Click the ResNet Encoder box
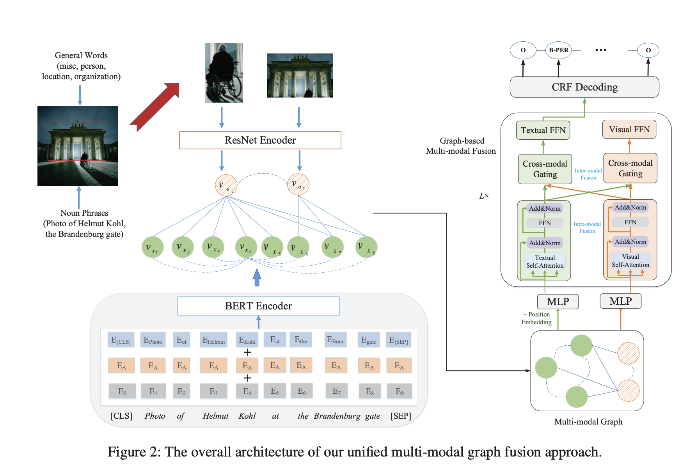pos(260,140)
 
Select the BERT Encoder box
pos(258,306)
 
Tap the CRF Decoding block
pos(584,87)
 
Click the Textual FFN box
pos(543,130)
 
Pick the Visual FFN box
pos(629,130)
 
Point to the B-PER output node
pos(558,50)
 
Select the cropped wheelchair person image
pos(224,73)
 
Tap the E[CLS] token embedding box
pos(121,340)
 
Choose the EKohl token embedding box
pos(247,340)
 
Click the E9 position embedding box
pos(399,391)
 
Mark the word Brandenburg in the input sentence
pos(337,416)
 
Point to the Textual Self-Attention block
pos(545,261)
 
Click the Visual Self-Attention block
pos(630,261)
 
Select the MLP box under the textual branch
pos(558,302)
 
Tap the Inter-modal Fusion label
pos(588,174)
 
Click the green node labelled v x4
pos(246,247)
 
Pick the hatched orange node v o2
pos(298,185)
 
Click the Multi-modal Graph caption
pos(588,422)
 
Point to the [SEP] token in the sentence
pos(401,416)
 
